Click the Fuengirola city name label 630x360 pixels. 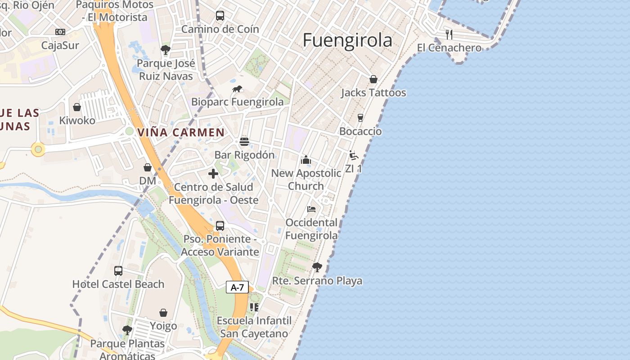[347, 40]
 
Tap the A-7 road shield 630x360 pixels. [237, 287]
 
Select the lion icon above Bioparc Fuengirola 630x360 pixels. [237, 89]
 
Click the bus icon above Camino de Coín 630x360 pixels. [220, 16]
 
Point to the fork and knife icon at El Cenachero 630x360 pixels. [449, 34]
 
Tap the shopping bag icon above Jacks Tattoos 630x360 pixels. [373, 80]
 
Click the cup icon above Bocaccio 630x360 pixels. [360, 118]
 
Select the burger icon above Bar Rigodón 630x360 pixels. [244, 142]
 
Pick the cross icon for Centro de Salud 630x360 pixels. [213, 174]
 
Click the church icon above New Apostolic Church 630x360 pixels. [306, 160]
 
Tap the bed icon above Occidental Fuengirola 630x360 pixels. [311, 209]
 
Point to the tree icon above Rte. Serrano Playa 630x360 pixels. [317, 267]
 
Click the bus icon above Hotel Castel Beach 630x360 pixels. [118, 271]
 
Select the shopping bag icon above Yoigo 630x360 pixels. [163, 313]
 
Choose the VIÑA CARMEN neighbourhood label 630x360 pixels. [181, 132]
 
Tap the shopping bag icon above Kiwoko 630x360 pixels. [77, 107]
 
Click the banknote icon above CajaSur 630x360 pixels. [60, 32]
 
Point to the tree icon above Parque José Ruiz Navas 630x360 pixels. [166, 49]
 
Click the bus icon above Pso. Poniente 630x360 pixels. [220, 226]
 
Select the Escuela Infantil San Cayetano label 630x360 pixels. [254, 327]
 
